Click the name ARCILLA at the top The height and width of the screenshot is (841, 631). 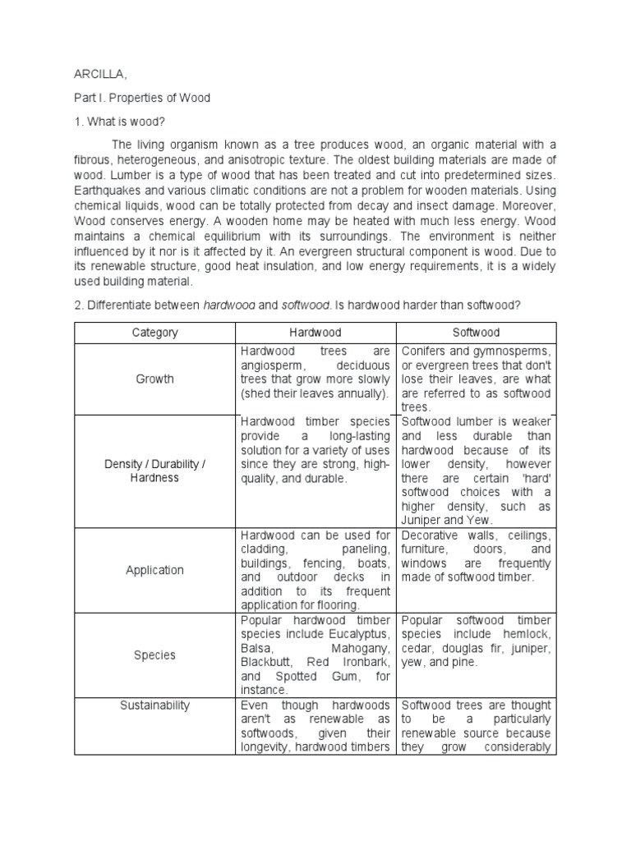pyautogui.click(x=100, y=75)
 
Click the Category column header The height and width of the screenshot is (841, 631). pyautogui.click(x=155, y=333)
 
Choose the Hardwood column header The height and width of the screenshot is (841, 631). pyautogui.click(x=315, y=333)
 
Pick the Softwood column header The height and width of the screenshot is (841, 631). pyautogui.click(x=477, y=333)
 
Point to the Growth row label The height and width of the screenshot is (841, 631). pyautogui.click(x=155, y=379)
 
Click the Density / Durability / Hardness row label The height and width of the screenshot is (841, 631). pyautogui.click(x=155, y=471)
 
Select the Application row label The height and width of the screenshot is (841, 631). pyautogui.click(x=155, y=570)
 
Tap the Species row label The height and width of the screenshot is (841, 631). pyautogui.click(x=155, y=655)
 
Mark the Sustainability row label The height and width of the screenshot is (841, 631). pyautogui.click(x=155, y=705)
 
